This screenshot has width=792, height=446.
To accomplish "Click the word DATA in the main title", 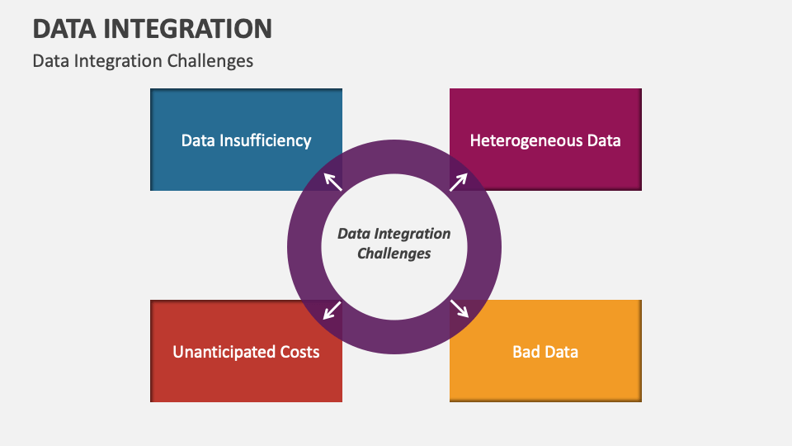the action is [x=64, y=29].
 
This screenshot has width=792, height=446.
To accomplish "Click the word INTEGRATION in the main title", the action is [x=188, y=29].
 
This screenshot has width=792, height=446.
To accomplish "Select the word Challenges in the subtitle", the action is [x=210, y=61].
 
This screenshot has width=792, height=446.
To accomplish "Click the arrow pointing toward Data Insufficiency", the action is [x=332, y=182].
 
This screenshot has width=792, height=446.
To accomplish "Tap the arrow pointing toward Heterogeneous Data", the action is [x=458, y=182].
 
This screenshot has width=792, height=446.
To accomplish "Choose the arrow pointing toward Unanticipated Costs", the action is [x=332, y=311].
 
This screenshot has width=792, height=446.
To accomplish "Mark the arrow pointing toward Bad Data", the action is [x=460, y=308].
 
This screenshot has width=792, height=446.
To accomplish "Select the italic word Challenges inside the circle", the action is [x=394, y=253].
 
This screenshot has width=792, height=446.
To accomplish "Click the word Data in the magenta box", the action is [x=604, y=140].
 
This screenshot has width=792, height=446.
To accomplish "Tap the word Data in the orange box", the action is [x=561, y=352].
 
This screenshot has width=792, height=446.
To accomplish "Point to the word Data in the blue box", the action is [x=198, y=140].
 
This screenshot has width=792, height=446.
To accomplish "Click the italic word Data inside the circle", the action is [x=354, y=234].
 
